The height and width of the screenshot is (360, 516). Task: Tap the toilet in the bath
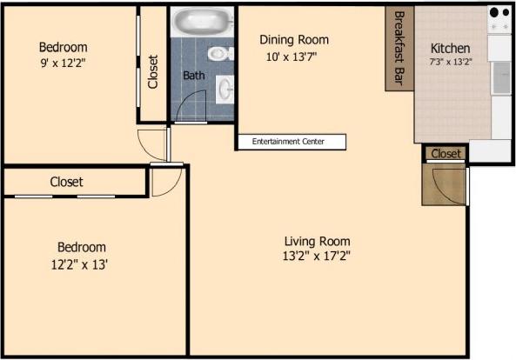click(219, 54)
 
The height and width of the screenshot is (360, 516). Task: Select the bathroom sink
click(224, 87)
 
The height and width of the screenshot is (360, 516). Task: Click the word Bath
click(193, 76)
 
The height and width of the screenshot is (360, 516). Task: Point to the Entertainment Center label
click(292, 142)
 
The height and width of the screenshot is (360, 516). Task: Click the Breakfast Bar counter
click(399, 48)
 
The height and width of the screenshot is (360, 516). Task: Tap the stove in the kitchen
click(499, 20)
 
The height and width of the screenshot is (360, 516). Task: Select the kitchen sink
click(500, 79)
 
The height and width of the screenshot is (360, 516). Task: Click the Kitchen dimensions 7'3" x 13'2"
click(450, 63)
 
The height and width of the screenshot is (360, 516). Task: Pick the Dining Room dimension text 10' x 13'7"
click(294, 57)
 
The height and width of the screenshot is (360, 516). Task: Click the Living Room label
click(317, 241)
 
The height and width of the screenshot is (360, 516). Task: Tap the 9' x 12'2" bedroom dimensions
click(63, 63)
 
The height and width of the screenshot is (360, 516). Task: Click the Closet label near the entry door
click(446, 154)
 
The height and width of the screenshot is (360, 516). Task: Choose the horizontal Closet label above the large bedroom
click(66, 183)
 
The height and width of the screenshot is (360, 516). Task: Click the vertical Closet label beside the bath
click(153, 72)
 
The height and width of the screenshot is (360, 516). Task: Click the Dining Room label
click(294, 40)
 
